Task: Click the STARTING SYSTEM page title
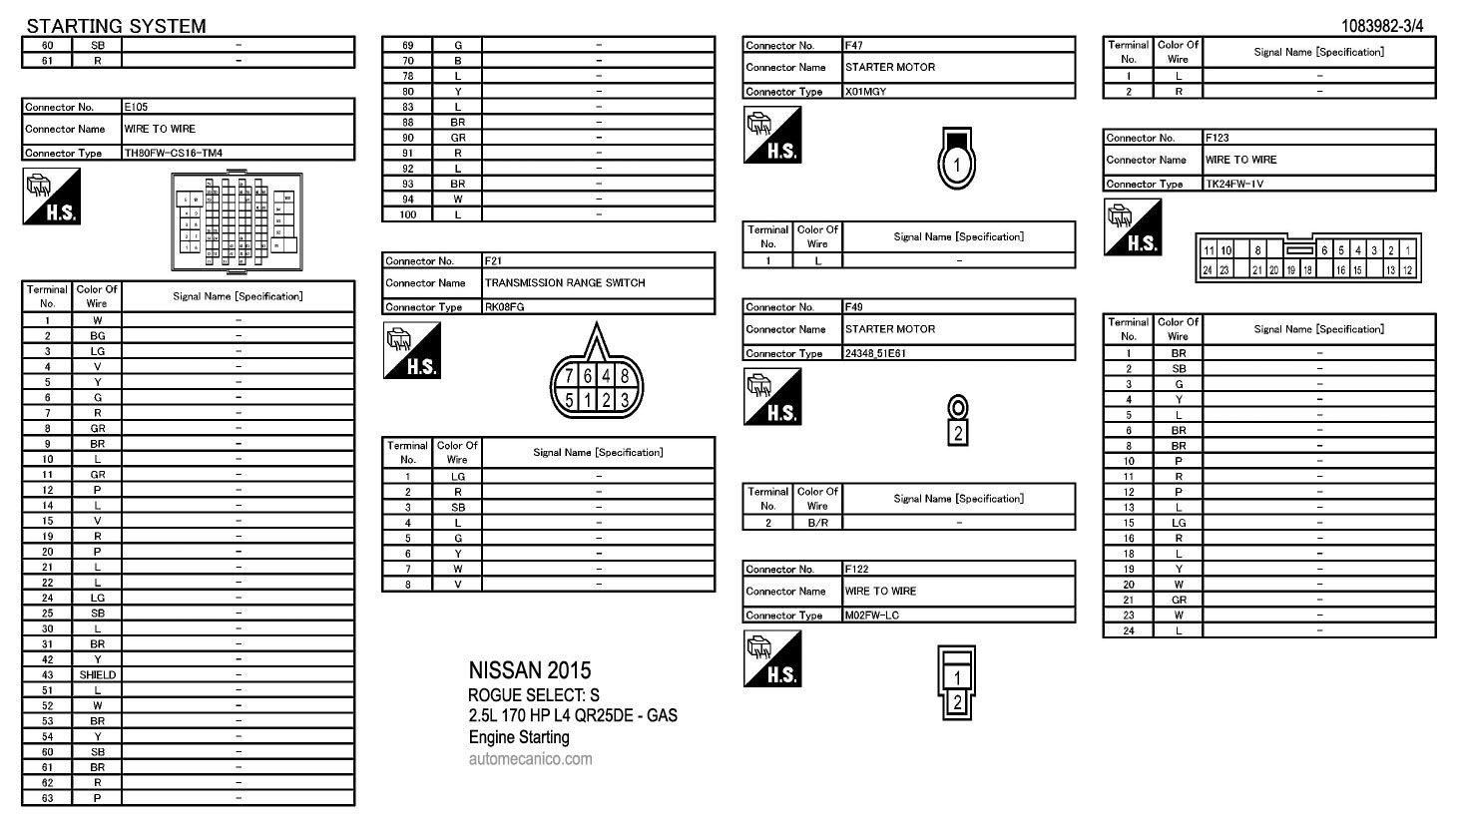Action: (116, 26)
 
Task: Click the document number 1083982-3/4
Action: (1382, 26)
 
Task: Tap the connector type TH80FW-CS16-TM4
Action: (174, 154)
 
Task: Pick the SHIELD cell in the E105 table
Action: (97, 675)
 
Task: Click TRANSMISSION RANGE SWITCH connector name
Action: (565, 283)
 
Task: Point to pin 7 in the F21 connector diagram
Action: (569, 376)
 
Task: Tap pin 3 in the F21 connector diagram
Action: (625, 400)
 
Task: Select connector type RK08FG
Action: (505, 307)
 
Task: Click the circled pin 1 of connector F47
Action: (956, 165)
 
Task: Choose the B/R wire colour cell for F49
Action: (817, 523)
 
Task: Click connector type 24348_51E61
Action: (875, 354)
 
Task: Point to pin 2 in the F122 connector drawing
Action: (957, 701)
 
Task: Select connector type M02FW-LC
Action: (872, 616)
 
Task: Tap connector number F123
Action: (1218, 138)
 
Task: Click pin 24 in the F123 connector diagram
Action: (1208, 269)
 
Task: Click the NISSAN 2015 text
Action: (530, 670)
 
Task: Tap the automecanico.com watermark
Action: (530, 759)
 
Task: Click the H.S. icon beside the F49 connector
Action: (771, 397)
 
